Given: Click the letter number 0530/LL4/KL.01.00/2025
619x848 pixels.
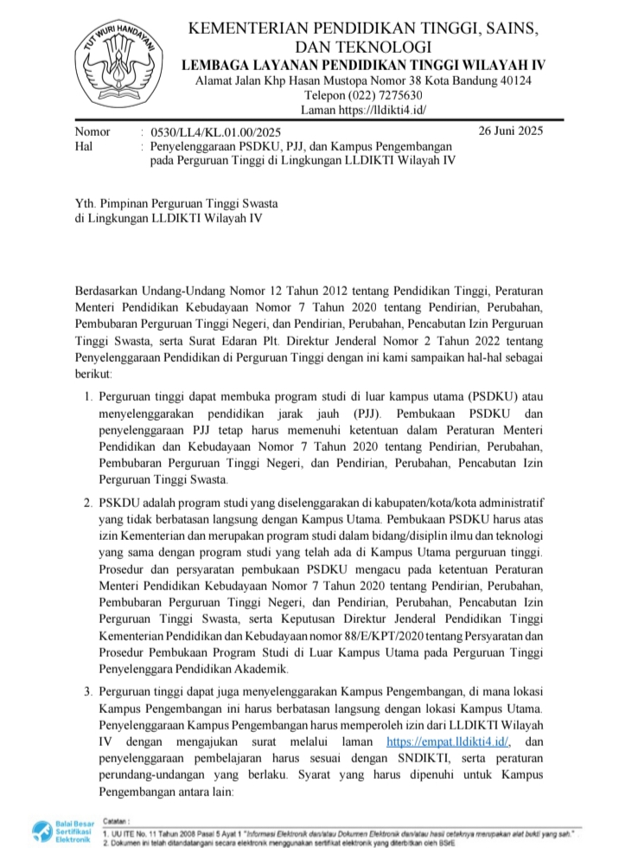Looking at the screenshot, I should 215,132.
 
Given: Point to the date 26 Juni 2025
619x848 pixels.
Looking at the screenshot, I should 510,132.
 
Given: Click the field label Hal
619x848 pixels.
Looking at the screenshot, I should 84,147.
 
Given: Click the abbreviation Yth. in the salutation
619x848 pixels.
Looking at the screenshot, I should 86,203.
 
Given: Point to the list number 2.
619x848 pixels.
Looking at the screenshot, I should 87,502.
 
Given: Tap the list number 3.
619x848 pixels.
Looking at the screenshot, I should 87,691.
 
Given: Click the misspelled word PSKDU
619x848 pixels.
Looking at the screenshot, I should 119,502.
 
